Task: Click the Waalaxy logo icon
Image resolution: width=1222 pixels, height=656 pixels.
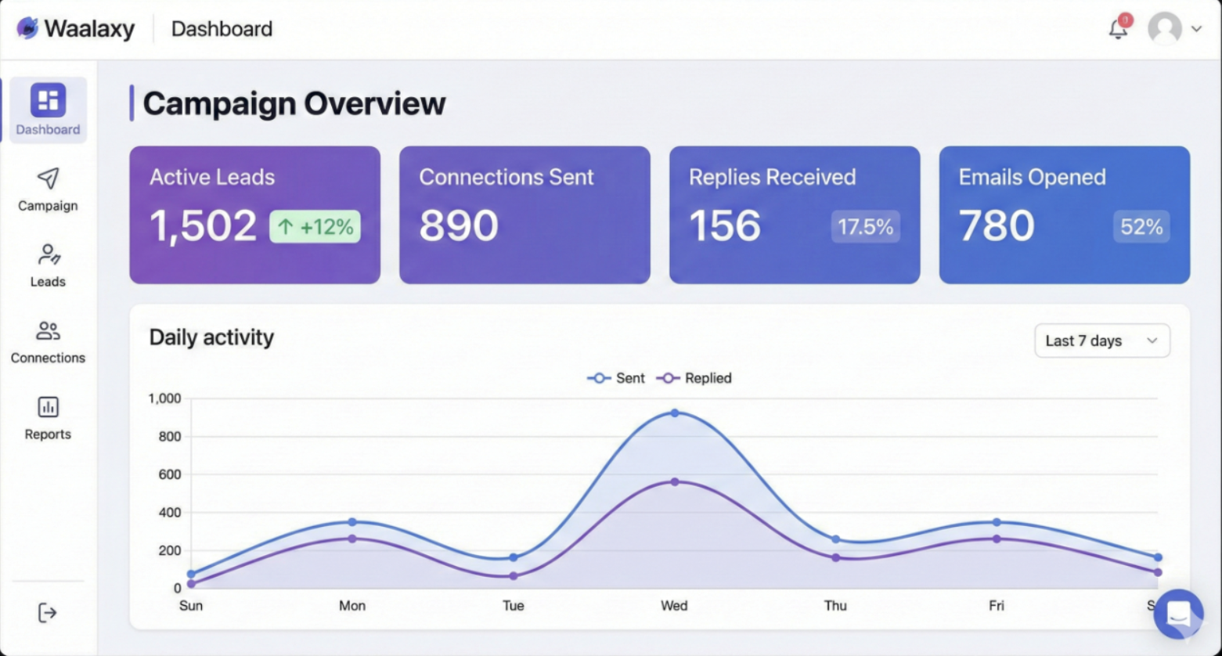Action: click(x=27, y=28)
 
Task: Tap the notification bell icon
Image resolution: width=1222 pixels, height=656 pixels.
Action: click(x=1119, y=29)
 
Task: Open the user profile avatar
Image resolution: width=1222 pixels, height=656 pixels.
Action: click(x=1164, y=29)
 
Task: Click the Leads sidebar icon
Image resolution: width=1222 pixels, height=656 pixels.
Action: click(x=48, y=254)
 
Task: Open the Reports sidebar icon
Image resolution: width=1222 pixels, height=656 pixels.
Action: click(x=48, y=407)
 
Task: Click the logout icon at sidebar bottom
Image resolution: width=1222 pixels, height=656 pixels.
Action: click(x=48, y=612)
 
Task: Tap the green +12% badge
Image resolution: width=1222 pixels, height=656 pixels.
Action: click(x=315, y=227)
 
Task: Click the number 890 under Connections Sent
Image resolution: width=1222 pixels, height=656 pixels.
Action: click(x=459, y=225)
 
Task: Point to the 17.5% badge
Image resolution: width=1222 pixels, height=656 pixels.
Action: click(x=865, y=227)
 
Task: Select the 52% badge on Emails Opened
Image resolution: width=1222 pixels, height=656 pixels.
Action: click(x=1141, y=227)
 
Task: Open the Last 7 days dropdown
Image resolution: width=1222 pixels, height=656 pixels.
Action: click(x=1101, y=341)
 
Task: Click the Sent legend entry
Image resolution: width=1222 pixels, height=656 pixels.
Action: click(x=616, y=378)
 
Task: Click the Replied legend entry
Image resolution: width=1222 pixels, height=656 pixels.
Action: click(x=694, y=378)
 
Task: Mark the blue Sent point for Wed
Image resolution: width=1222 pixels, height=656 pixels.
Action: click(x=675, y=413)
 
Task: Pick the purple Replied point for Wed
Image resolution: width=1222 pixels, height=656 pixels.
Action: click(x=675, y=481)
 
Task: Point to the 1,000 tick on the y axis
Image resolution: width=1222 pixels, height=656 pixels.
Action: click(x=164, y=398)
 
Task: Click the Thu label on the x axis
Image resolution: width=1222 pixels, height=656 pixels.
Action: click(x=835, y=605)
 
